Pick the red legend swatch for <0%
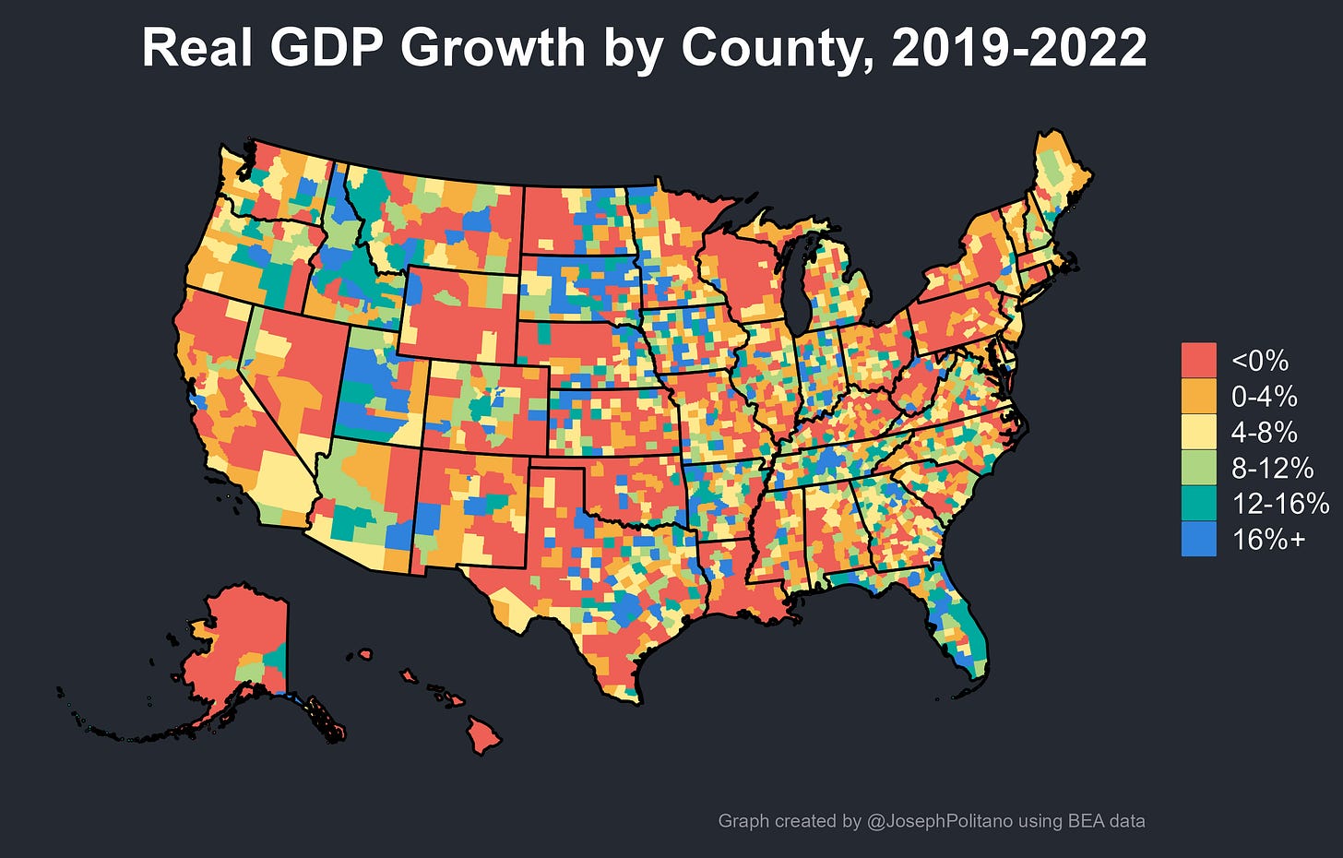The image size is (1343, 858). pos(1198,360)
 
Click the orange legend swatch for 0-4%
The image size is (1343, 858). pos(1198,396)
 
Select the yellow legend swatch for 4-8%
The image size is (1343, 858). pos(1198,432)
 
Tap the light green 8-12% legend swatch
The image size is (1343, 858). pos(1198,468)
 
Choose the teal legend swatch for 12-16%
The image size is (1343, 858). pos(1198,503)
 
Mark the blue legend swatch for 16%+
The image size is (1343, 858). pos(1198,539)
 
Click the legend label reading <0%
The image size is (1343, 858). pos(1259,360)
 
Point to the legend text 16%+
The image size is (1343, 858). pos(1268,539)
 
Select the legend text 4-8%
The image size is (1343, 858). pos(1264,432)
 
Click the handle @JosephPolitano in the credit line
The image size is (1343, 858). pos(940,820)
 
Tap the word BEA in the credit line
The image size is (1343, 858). pos(1087,820)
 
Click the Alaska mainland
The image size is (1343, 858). pos(240,646)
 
